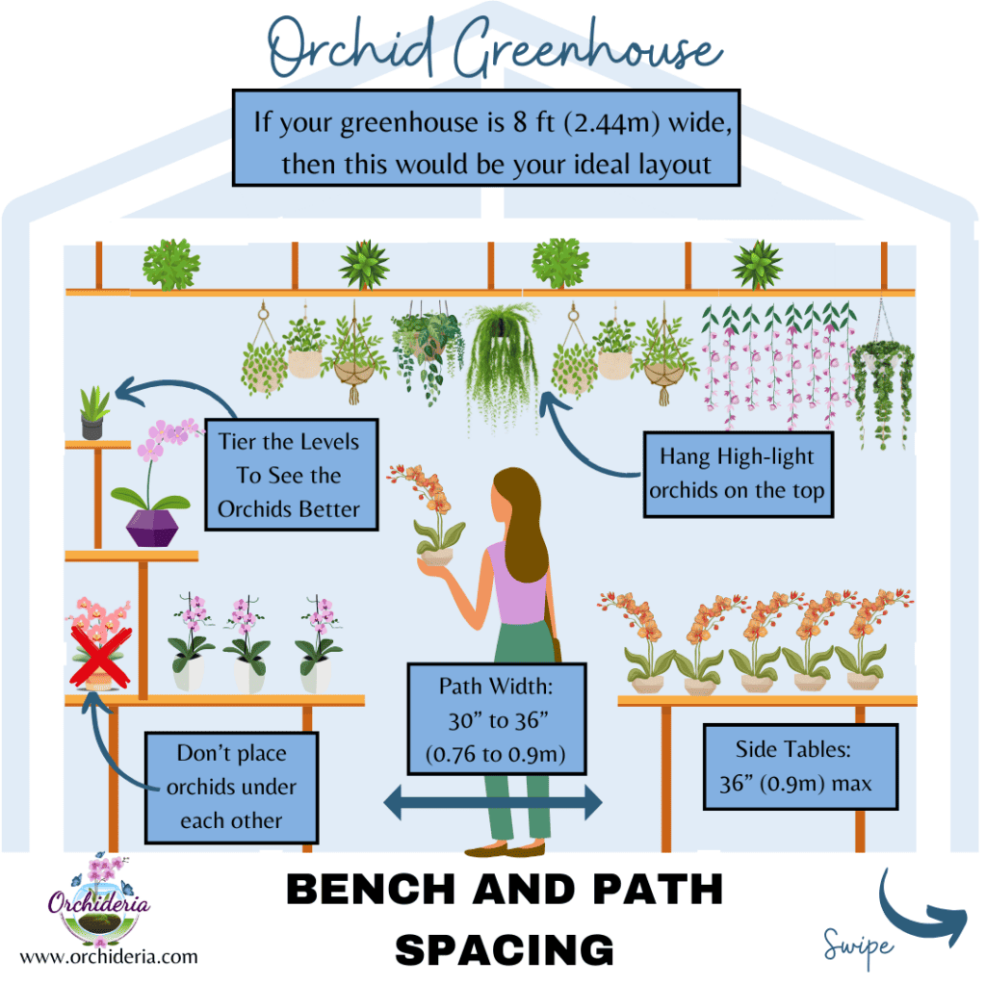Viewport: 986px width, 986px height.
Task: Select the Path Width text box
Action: [x=495, y=717]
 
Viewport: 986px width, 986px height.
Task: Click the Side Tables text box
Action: [x=801, y=766]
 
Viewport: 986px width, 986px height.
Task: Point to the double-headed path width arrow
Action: [x=492, y=801]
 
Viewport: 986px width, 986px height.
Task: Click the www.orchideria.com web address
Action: [x=109, y=957]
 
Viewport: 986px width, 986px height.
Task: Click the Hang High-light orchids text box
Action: [x=737, y=473]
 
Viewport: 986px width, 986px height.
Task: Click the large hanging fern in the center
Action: [x=500, y=361]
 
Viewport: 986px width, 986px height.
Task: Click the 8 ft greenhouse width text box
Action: [x=487, y=139]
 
